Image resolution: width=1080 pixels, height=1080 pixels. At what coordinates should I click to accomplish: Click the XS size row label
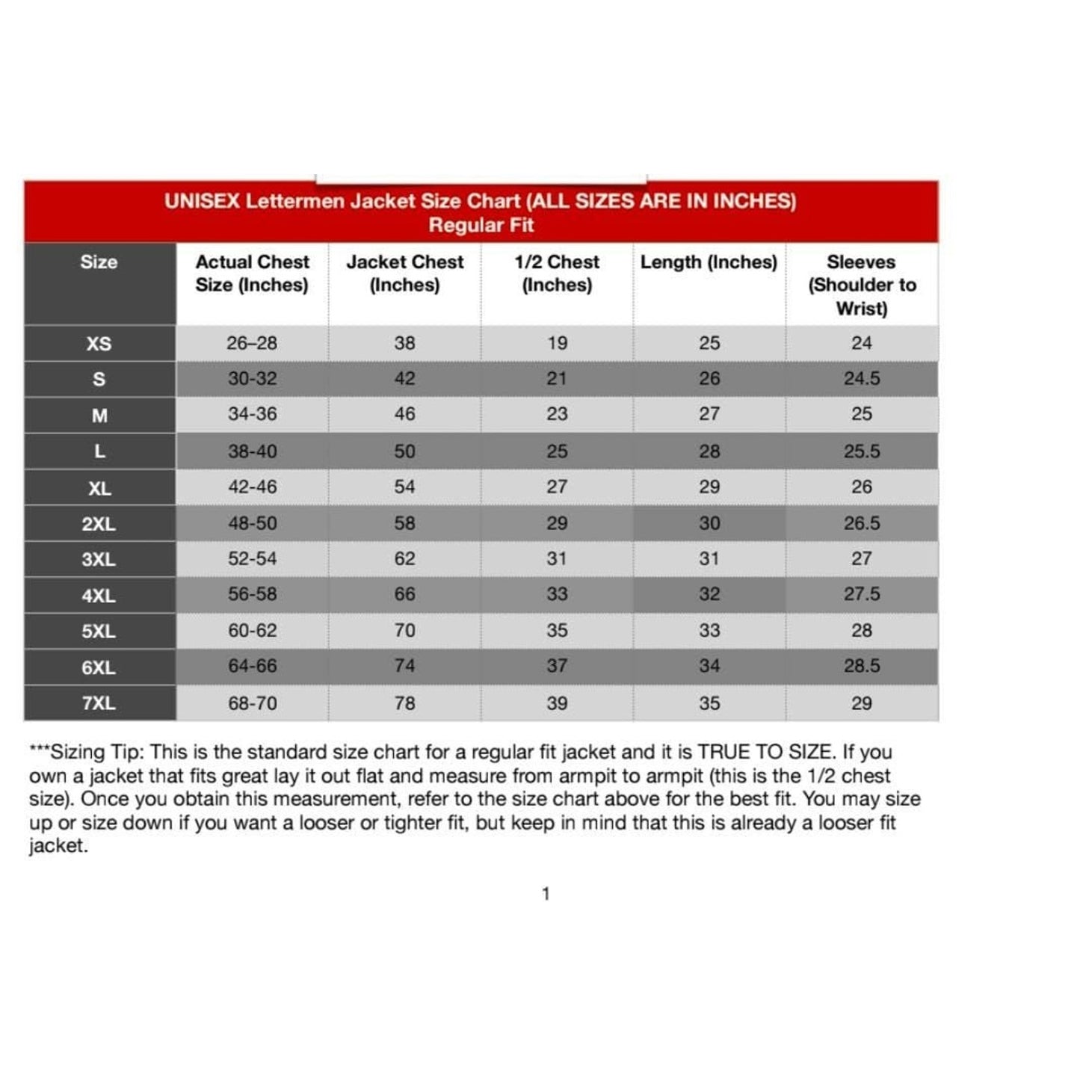pos(99,344)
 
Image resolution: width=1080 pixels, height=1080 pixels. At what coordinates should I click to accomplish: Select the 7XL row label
pos(99,703)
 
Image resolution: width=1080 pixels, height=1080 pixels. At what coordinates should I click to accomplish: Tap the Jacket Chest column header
pos(404,274)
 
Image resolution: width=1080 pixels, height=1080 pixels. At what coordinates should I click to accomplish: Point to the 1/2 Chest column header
pos(557,274)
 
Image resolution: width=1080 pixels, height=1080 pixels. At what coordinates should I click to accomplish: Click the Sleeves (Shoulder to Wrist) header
pos(862,285)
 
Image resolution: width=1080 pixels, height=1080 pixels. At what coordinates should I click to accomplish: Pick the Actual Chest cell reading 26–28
pos(252,343)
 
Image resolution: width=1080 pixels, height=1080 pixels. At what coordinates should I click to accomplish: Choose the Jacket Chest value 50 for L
pos(404,451)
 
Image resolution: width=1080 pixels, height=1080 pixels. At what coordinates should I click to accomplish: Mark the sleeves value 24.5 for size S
pos(862,379)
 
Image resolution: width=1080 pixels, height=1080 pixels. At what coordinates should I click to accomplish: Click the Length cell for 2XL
pos(709,523)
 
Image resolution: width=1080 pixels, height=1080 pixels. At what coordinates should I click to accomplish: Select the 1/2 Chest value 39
pos(557,703)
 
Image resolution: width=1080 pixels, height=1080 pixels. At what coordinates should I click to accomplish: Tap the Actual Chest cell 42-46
pos(252,487)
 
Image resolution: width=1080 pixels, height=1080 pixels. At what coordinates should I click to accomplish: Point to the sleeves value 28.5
pos(862,666)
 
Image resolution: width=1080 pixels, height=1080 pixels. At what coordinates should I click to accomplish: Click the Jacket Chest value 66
pos(404,594)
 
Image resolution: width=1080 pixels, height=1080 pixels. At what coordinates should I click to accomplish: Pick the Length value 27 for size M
pos(709,414)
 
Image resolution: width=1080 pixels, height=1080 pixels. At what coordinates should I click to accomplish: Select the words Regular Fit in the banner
pos(481,225)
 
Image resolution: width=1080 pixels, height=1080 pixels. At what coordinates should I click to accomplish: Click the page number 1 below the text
pos(546,894)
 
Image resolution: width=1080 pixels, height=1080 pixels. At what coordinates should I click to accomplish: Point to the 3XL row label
pos(99,559)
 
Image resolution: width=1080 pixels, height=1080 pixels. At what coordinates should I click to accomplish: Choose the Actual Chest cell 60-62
pos(252,631)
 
